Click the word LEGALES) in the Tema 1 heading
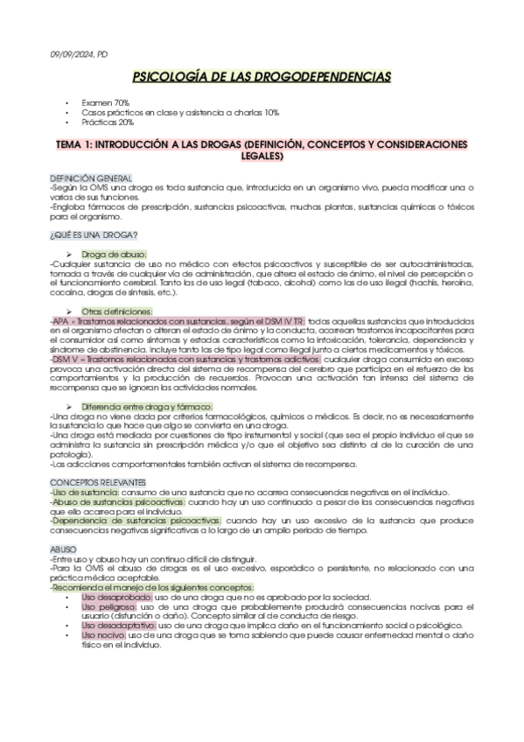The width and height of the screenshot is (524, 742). tap(262, 156)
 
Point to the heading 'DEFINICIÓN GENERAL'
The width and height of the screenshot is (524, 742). tap(91, 178)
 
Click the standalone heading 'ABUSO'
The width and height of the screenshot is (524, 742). tap(63, 549)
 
